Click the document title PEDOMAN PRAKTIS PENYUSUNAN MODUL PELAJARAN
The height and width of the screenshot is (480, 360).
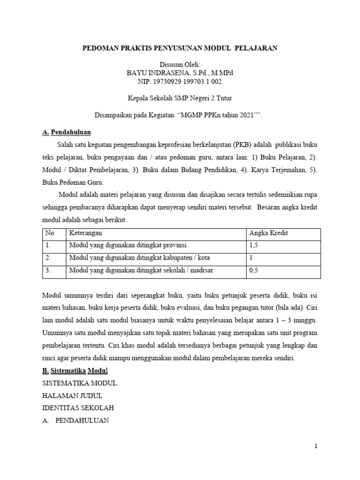coord(180,48)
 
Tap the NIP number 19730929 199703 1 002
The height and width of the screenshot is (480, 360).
coord(180,82)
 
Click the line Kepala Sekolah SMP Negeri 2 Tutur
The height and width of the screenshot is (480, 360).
coord(180,98)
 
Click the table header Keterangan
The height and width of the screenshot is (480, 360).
coord(86,233)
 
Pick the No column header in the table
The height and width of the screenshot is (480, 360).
coord(49,233)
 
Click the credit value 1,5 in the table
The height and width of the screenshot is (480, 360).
coord(254,245)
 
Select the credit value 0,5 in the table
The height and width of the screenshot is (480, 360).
coord(254,270)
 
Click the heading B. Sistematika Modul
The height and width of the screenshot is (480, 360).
coord(75,371)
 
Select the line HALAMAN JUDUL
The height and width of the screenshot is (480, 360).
coord(72,395)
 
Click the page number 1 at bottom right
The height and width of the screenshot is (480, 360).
coord(316,447)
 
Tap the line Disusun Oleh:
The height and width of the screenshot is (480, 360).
coord(180,65)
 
